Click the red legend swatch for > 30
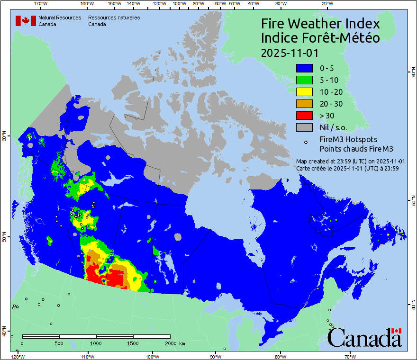304,115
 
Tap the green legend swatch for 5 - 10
304,80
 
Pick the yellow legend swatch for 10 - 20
304,92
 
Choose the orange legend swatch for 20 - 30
304,104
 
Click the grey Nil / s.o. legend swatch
304,127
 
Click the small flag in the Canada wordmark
397,331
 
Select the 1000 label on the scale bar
96,343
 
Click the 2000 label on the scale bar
170,343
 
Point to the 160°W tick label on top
86,3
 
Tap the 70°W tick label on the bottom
350,357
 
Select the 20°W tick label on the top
326,3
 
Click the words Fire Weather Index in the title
320,24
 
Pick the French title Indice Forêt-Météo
320,38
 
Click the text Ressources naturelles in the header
114,18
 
